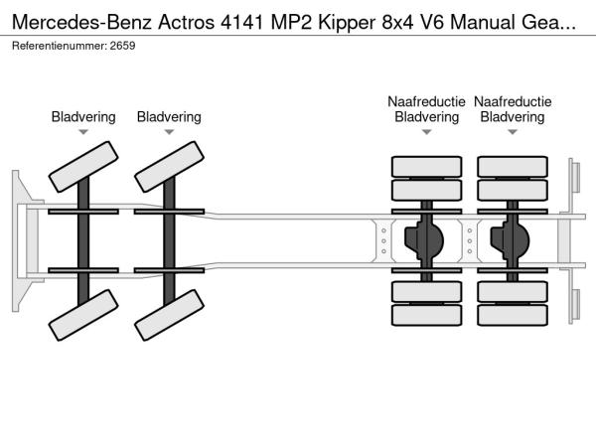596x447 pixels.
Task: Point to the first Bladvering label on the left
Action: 83,117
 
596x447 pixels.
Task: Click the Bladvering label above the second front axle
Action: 169,117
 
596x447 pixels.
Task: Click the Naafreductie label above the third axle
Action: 426,101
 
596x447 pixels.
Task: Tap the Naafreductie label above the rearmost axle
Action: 513,101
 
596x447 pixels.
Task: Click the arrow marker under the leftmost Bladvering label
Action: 83,132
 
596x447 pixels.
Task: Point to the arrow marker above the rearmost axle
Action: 513,132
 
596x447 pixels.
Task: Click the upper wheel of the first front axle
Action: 81,165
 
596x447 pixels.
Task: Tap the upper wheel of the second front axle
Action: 168,165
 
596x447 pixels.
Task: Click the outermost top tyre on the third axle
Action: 426,167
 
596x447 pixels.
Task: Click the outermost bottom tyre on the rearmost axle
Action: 513,317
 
